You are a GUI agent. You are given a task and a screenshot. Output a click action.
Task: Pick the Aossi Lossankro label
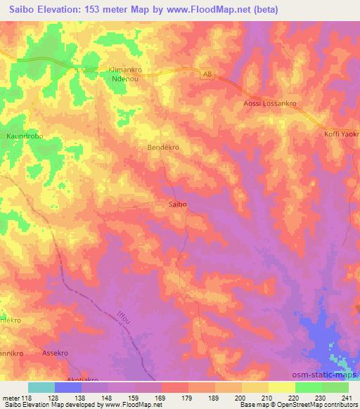click(269, 103)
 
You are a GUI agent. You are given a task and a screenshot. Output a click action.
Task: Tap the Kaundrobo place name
click(25, 136)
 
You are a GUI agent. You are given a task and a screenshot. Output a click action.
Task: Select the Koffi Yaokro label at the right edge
click(342, 134)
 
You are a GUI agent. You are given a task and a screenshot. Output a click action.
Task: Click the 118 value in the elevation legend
click(28, 397)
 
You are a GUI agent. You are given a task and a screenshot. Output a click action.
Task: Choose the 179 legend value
click(186, 397)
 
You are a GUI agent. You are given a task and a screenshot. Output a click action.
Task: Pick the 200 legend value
click(240, 397)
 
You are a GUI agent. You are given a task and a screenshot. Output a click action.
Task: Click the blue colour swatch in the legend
click(68, 387)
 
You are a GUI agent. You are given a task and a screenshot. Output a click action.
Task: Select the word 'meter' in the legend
click(11, 397)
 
